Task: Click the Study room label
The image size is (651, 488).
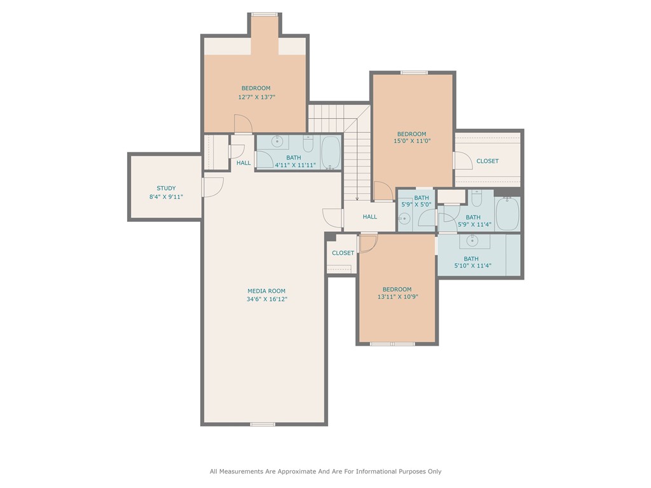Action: (x=166, y=188)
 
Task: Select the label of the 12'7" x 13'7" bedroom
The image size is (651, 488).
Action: (x=256, y=88)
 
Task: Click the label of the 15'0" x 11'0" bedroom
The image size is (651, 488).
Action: (x=411, y=134)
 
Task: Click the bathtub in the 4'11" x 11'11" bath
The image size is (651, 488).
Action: (x=331, y=152)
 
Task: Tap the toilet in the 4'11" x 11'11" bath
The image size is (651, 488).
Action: (x=308, y=144)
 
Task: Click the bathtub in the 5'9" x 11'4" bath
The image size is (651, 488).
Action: (x=507, y=214)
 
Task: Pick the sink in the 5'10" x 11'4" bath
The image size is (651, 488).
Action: (x=472, y=240)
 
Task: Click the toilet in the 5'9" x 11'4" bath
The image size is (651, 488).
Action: (x=477, y=198)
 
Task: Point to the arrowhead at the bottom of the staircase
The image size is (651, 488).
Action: (x=357, y=198)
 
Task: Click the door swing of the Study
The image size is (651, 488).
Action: (x=214, y=187)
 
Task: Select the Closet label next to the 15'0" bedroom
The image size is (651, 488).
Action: (x=488, y=161)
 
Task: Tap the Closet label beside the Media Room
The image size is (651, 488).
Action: (x=343, y=253)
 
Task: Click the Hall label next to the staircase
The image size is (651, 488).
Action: (x=370, y=217)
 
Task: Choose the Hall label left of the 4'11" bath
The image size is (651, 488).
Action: (x=243, y=163)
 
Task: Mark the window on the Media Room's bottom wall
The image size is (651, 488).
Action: (x=263, y=424)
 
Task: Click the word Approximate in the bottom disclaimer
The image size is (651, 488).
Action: (x=289, y=471)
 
